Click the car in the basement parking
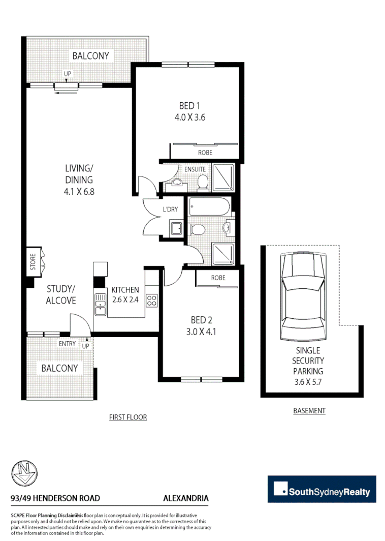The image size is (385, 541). [303, 297]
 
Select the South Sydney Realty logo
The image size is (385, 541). [322, 489]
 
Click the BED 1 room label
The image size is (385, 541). [189, 106]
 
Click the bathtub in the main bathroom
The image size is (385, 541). [209, 207]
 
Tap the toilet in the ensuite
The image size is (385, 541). [203, 183]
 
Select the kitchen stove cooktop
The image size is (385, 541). [151, 300]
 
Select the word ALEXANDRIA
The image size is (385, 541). [185, 498]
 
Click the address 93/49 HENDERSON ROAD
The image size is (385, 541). [55, 498]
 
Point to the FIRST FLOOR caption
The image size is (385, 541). [128, 417]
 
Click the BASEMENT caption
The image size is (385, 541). [309, 411]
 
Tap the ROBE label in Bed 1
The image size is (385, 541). [205, 152]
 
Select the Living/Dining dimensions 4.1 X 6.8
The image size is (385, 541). [79, 192]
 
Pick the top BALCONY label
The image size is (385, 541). [90, 56]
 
